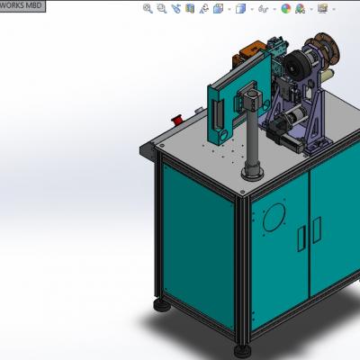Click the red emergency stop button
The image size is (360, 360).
(x=177, y=119)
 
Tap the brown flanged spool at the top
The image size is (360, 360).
(x=327, y=48)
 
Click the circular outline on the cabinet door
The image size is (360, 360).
(x=274, y=218)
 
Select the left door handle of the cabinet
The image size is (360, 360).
(x=301, y=238)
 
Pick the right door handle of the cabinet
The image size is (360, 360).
(x=317, y=229)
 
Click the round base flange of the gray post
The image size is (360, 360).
(x=253, y=174)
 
